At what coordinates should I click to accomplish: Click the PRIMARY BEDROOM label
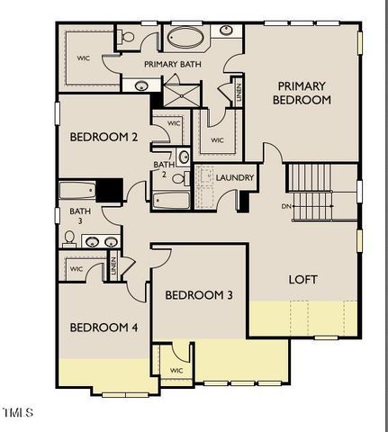point(302,93)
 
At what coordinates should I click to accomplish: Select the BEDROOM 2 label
point(104,138)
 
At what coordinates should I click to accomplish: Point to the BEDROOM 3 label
point(198,295)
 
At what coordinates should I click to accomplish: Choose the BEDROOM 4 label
point(104,327)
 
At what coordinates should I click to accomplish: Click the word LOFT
point(302,279)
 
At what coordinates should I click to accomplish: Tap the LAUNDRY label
point(235,177)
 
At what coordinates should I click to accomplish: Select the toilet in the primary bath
point(126,38)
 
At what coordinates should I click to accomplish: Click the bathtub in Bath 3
point(77,191)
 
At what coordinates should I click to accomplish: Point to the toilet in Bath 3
point(68,238)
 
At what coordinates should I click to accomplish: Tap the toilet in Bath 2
point(183,157)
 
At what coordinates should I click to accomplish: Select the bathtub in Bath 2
point(170,200)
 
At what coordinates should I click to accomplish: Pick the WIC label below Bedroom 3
point(176,370)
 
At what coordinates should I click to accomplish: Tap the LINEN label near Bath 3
point(113,265)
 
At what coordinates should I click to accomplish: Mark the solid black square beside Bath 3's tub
point(109,191)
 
